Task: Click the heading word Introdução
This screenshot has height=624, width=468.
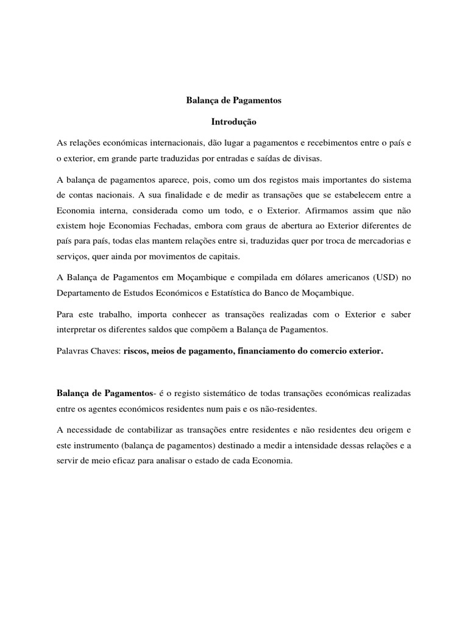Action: tap(234, 122)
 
